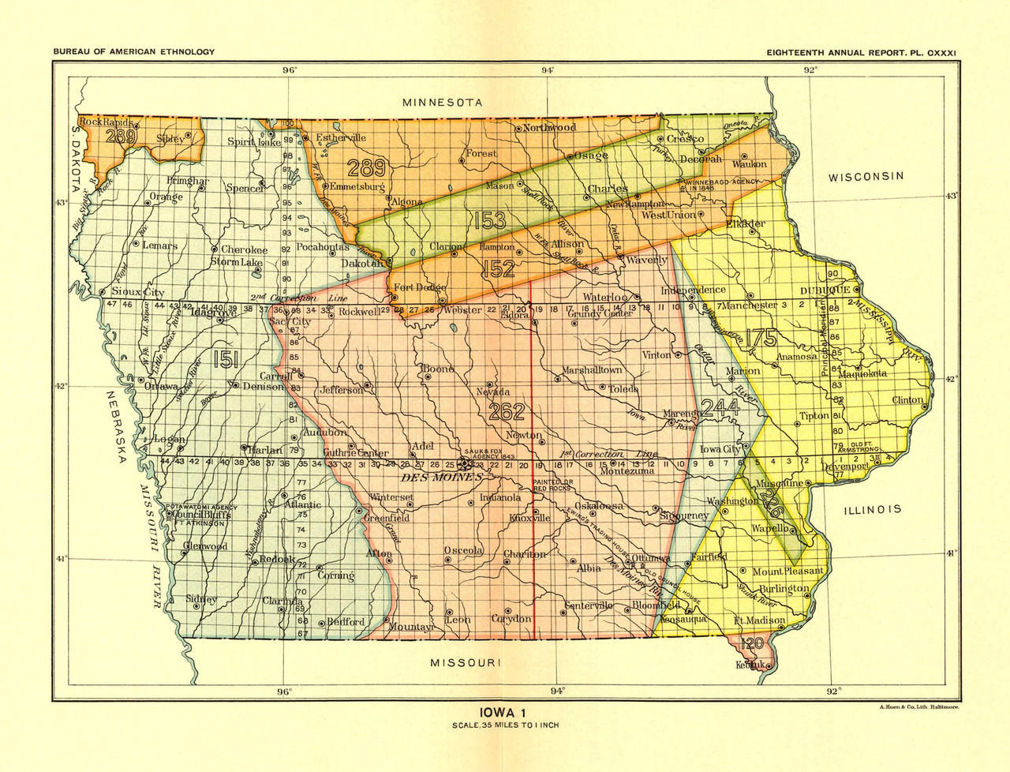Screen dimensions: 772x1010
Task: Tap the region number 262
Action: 507,411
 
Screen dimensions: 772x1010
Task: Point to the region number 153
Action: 489,221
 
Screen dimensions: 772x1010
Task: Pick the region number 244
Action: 719,407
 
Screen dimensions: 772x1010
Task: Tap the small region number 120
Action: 752,644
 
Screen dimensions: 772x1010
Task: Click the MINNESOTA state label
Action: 442,103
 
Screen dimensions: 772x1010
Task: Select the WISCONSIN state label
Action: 865,177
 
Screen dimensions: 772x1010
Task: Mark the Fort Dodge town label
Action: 414,287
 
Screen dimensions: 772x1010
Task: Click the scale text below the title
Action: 505,725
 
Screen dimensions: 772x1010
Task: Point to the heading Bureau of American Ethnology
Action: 134,52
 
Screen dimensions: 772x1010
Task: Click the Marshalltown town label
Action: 592,369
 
